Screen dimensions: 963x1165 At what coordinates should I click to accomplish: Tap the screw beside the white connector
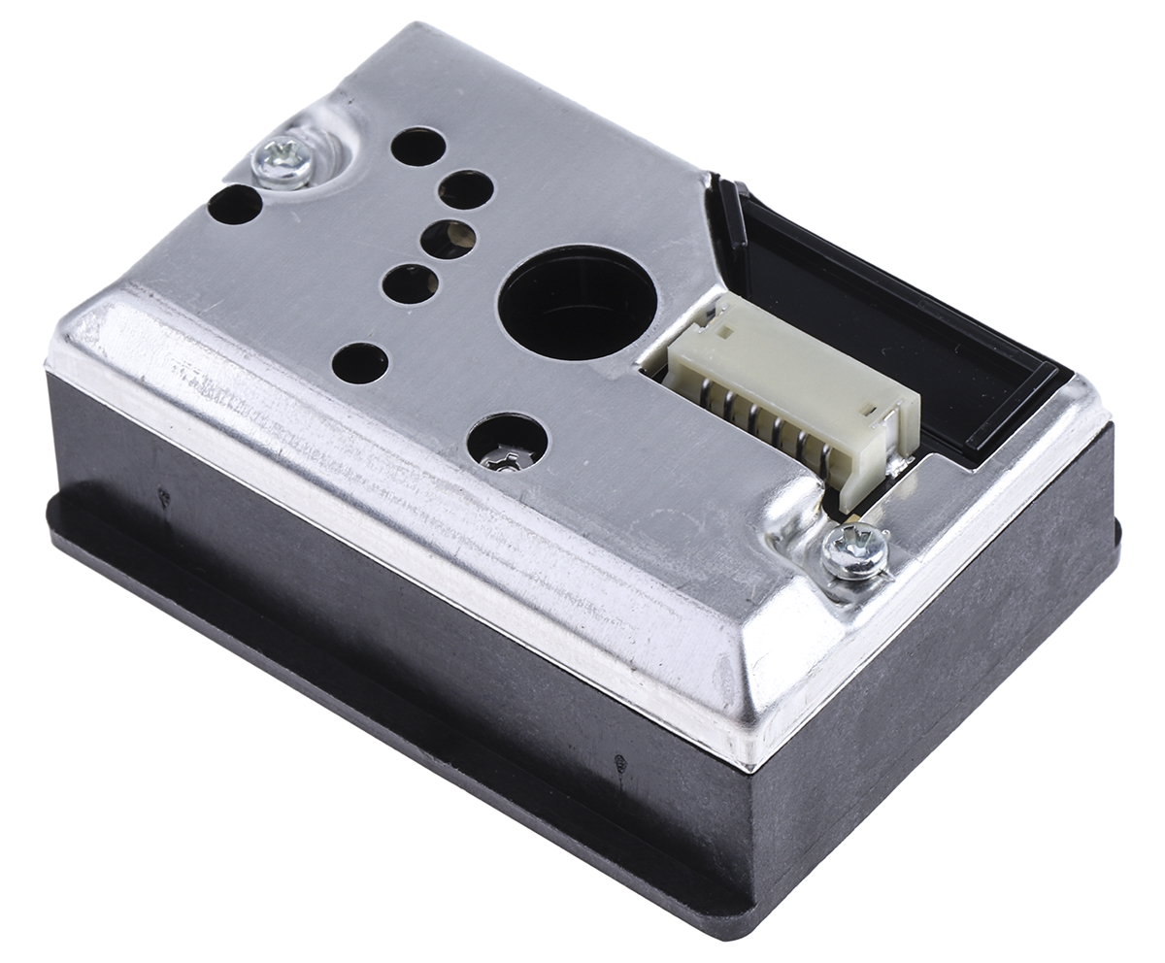coord(853,551)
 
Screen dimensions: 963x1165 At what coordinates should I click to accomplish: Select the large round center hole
coord(577,302)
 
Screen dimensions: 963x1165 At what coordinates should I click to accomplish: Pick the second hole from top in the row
coord(465,189)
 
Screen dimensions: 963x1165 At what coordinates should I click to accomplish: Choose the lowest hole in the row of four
coord(410,283)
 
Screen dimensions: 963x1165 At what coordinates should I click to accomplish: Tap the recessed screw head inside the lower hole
coord(506,458)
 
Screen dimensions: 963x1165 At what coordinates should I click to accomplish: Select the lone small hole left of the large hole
coord(359,363)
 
